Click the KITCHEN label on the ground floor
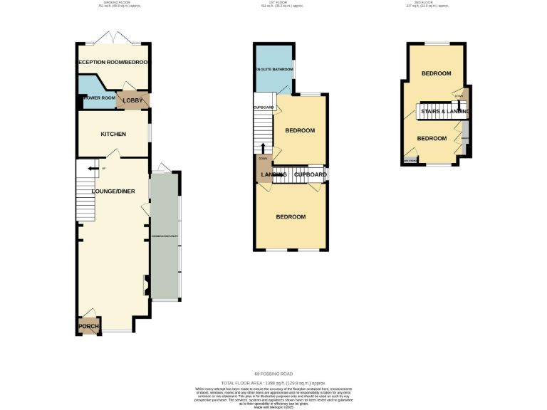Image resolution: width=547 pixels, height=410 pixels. pos(113,134)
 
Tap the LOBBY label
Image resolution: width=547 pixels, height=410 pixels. pos(133,101)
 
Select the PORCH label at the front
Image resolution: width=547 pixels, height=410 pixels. pos(88,327)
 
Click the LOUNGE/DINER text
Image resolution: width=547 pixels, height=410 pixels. pos(113,191)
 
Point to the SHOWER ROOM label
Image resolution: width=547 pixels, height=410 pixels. pos(97,98)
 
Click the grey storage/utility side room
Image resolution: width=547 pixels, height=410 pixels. pos(165,235)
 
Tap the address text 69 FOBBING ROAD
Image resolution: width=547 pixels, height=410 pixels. pos(273,374)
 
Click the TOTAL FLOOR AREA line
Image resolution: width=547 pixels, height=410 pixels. pos(273,382)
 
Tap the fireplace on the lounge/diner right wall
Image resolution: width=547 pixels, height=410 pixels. pos(147,285)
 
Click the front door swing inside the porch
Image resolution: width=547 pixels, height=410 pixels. pos(88,315)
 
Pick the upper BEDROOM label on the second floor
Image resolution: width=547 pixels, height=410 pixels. pos(435,73)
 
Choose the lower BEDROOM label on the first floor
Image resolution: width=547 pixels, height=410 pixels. pos(291,216)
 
